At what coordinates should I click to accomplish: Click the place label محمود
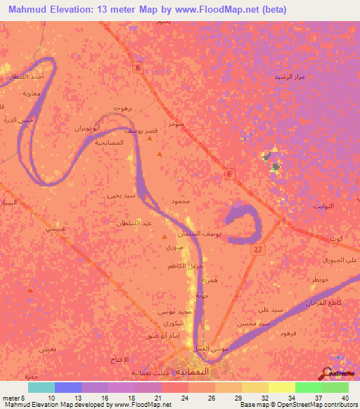[181, 201]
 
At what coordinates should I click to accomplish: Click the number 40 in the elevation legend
[344, 397]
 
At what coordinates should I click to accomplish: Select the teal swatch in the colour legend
[41, 387]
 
